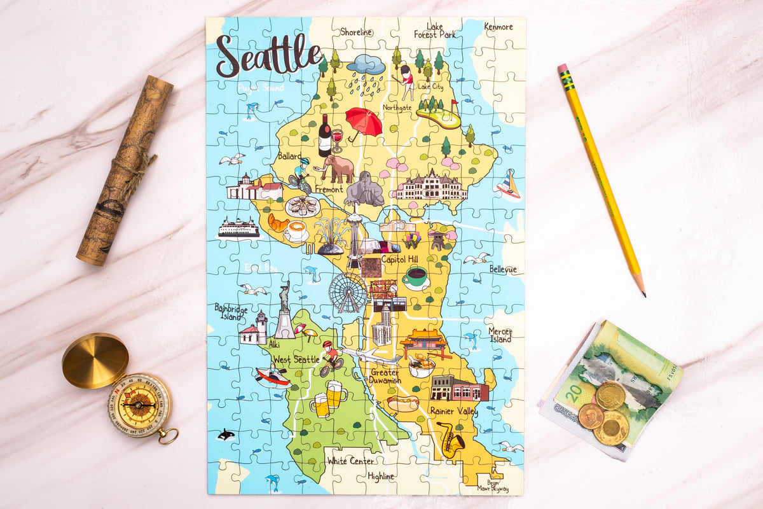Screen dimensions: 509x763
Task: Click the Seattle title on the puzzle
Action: tap(268, 55)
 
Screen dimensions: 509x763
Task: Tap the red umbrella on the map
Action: tap(364, 121)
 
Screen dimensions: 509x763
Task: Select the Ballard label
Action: tap(290, 155)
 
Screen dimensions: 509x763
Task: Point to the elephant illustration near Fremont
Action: tap(337, 169)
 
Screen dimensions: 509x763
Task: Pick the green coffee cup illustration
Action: tap(415, 277)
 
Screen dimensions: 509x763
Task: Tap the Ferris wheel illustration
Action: tap(348, 292)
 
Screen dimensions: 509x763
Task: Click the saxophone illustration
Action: tap(450, 440)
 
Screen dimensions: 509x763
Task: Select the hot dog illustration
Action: tap(403, 403)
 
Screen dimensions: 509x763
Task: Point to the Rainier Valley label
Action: tap(453, 412)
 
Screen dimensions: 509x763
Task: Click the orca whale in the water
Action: tap(226, 435)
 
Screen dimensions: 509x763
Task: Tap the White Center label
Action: tap(350, 461)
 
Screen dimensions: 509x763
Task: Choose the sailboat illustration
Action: tap(508, 185)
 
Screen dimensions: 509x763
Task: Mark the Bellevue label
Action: tap(503, 269)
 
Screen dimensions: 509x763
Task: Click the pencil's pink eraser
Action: tap(562, 68)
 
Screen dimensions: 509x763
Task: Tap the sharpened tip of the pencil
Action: tap(643, 295)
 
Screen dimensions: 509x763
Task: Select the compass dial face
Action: tap(139, 405)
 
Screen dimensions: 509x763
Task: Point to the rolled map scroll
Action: tap(125, 171)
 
